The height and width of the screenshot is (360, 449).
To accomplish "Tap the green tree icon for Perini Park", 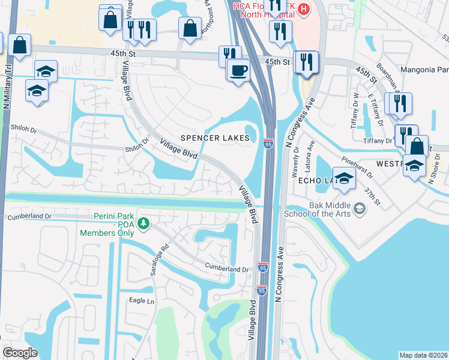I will [x=143, y=224].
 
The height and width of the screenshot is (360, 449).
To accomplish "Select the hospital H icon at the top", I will [x=304, y=9].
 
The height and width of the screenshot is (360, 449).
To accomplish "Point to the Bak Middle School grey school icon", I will [x=360, y=209].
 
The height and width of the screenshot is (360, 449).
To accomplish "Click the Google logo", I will [x=20, y=353].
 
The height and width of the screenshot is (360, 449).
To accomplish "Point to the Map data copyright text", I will [x=423, y=355].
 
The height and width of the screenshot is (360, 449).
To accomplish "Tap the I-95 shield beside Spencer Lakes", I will [x=268, y=144].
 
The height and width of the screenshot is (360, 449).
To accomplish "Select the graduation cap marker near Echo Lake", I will [x=344, y=178].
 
